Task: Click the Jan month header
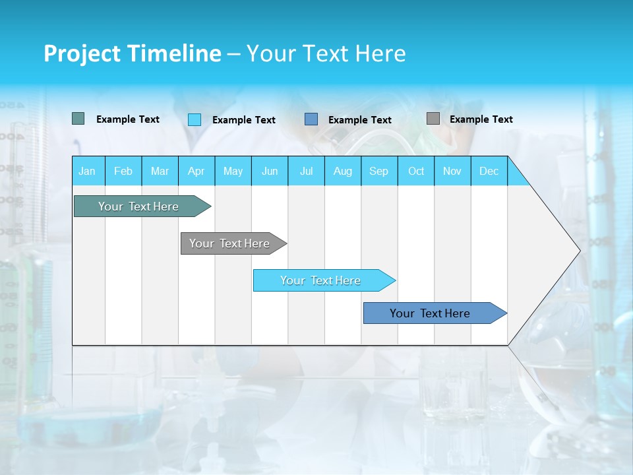point(87,171)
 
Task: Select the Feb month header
point(123,171)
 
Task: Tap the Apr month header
point(196,171)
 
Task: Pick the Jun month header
point(270,171)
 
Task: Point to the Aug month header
point(342,171)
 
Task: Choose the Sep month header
point(378,171)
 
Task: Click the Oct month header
point(416,171)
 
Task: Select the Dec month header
point(489,171)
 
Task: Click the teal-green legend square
point(78,119)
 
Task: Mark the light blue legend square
point(195,119)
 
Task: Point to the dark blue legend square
point(311,119)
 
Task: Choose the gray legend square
point(433,119)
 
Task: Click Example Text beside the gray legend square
point(481,119)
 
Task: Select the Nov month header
point(452,171)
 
